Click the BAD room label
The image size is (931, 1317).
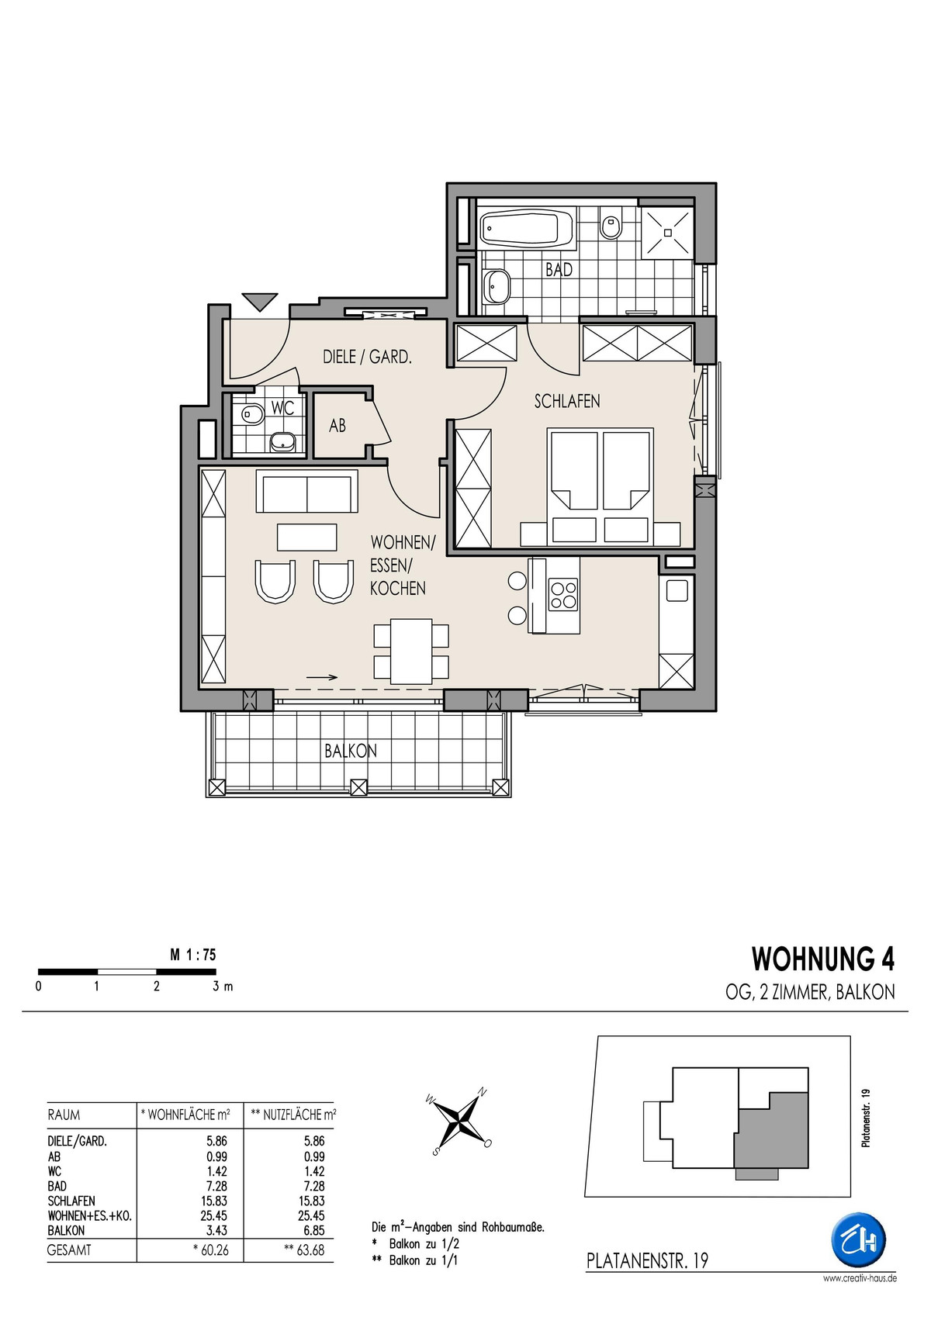pyautogui.click(x=558, y=270)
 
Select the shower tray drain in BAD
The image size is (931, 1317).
pyautogui.click(x=667, y=232)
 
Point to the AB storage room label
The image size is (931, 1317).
pyautogui.click(x=337, y=425)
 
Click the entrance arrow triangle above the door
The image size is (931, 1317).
pyautogui.click(x=259, y=302)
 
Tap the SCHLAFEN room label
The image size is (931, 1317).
pyautogui.click(x=567, y=401)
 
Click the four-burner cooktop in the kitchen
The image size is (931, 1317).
pyautogui.click(x=562, y=595)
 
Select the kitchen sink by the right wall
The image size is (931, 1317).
pyautogui.click(x=677, y=590)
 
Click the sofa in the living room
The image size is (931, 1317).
pyautogui.click(x=307, y=492)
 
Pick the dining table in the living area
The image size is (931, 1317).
pyautogui.click(x=412, y=651)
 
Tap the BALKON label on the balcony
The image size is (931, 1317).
pyautogui.click(x=351, y=751)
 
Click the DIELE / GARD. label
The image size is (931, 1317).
pyautogui.click(x=366, y=357)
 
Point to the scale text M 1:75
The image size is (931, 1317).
pyautogui.click(x=193, y=955)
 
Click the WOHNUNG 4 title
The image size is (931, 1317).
pyautogui.click(x=823, y=959)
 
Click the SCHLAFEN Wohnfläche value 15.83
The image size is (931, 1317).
pyautogui.click(x=213, y=1201)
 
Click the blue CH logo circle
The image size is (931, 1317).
pyautogui.click(x=859, y=1240)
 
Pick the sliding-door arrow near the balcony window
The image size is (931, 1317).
pyautogui.click(x=322, y=677)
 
